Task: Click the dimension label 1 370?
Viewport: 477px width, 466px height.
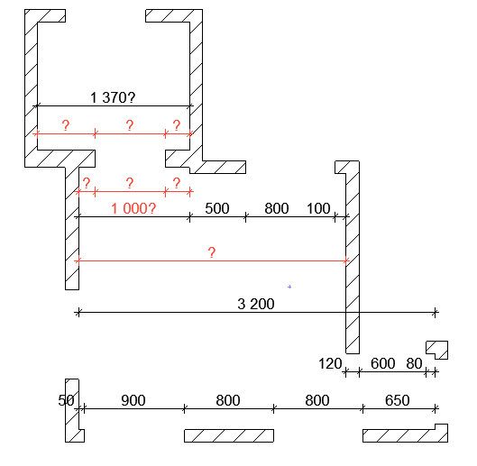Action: click(x=113, y=97)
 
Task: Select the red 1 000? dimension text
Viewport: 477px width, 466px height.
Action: click(x=133, y=209)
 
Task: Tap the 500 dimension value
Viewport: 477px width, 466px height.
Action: click(x=217, y=209)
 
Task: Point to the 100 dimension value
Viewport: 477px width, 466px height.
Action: click(x=318, y=209)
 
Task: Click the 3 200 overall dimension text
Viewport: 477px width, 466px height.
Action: click(x=256, y=304)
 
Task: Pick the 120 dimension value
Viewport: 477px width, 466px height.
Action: click(x=330, y=363)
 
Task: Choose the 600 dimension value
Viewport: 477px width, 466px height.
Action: click(x=382, y=363)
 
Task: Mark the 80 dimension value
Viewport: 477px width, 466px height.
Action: click(x=414, y=363)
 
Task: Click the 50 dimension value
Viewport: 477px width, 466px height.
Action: click(x=66, y=400)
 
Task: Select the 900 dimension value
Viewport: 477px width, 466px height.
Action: click(x=133, y=400)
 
